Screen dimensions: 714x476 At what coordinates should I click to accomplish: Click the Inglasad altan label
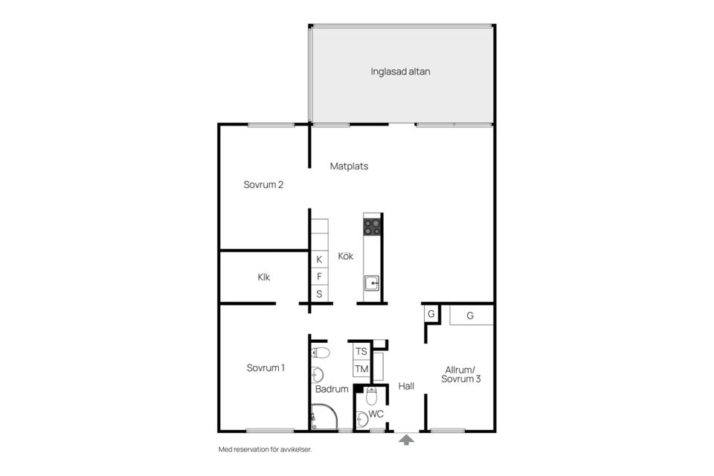400,71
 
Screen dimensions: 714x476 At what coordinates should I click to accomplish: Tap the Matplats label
349,167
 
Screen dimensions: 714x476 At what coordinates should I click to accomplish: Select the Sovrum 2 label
263,184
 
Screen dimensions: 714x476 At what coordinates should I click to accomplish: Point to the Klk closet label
263,277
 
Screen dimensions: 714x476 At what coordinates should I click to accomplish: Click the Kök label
346,256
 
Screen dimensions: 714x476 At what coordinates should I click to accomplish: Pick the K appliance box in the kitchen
319,259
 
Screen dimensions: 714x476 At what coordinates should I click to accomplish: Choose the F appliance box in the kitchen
319,276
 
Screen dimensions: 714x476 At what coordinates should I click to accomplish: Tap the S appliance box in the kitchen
319,293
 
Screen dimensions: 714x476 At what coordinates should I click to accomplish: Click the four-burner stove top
372,227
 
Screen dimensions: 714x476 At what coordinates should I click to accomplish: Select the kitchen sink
372,283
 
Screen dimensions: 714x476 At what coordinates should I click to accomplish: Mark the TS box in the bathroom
361,351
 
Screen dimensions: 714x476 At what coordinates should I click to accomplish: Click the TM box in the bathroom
361,369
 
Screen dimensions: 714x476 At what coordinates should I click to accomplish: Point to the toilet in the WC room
372,396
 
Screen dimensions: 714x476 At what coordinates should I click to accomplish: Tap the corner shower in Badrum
324,416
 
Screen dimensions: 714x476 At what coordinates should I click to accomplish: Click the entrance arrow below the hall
407,440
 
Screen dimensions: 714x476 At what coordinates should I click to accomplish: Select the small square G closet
431,314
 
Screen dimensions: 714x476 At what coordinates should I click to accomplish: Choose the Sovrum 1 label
266,367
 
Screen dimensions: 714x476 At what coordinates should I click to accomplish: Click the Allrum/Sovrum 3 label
460,374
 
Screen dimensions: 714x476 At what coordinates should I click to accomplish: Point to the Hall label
406,386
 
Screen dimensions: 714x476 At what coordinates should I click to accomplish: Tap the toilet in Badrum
321,352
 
